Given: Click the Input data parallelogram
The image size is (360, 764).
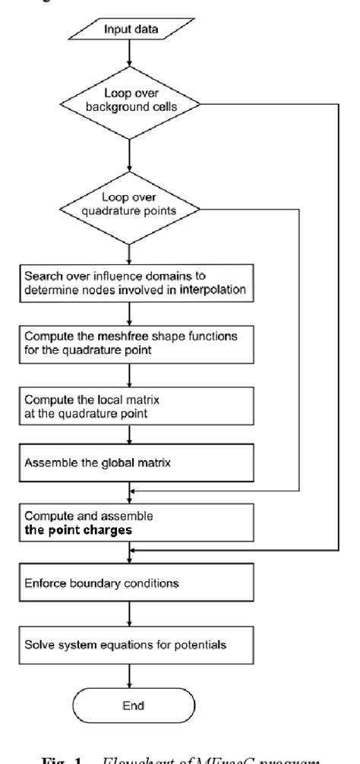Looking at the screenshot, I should pyautogui.click(x=132, y=31).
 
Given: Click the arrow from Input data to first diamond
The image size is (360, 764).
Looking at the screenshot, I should pyautogui.click(x=132, y=58).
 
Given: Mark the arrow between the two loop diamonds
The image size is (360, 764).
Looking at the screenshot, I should pyautogui.click(x=132, y=156).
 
